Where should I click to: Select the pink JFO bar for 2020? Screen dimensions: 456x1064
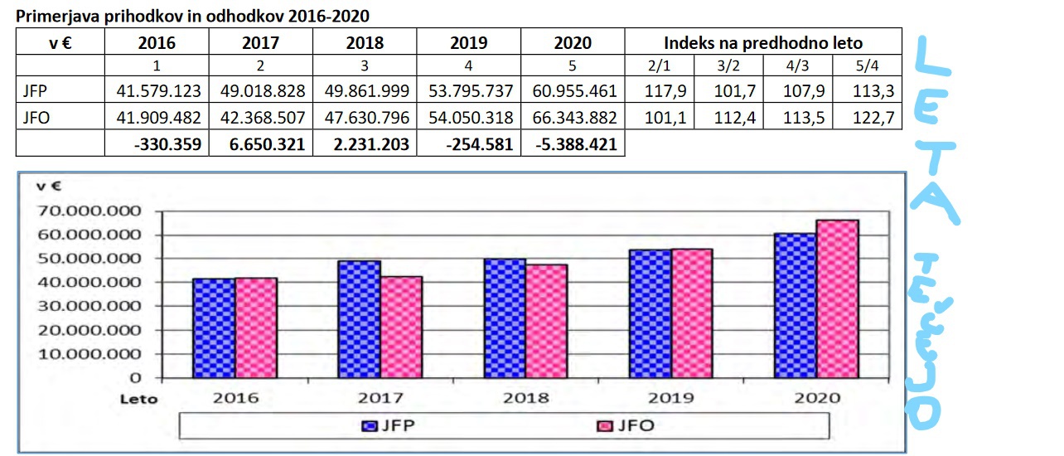point(838,298)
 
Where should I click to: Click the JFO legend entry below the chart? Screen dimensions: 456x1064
point(625,426)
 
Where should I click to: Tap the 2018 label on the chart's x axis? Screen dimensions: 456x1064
point(525,397)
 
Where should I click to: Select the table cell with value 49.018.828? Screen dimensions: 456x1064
point(261,90)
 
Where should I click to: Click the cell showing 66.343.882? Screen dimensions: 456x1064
point(573,118)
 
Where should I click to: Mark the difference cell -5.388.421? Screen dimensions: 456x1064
point(573,144)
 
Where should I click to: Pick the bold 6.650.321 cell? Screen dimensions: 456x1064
point(261,144)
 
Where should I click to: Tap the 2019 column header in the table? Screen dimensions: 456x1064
point(469,42)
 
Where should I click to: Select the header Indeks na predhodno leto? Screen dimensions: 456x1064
point(763,42)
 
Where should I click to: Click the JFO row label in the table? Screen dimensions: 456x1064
point(36,118)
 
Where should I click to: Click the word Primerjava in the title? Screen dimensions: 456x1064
point(50,15)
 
